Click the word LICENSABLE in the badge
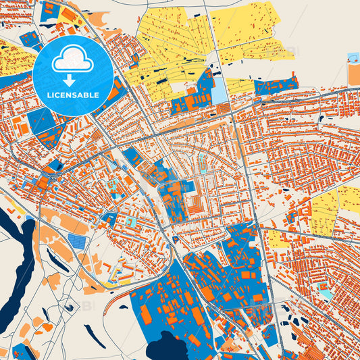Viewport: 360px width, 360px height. click(73, 95)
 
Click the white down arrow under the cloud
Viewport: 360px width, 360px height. click(72, 80)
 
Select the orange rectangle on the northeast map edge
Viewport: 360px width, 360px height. click(353, 70)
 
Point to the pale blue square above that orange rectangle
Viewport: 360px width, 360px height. click(353, 57)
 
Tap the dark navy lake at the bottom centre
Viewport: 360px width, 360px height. click(166, 350)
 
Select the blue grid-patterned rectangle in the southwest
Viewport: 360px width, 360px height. click(77, 242)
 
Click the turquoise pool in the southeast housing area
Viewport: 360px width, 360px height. click(326, 293)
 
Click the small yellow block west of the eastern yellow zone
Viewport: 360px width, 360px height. click(276, 239)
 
